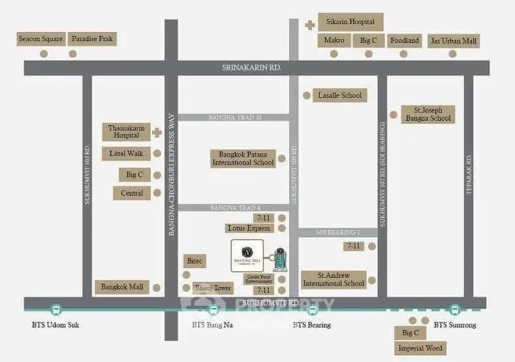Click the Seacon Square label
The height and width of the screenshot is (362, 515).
tap(40, 39)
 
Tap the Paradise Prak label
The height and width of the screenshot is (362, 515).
tap(91, 39)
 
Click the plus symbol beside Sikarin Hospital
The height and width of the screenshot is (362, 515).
tap(309, 25)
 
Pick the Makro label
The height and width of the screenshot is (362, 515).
tap(334, 40)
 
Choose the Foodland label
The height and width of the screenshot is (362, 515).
tap(404, 40)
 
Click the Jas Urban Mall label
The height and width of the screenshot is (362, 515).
tap(454, 41)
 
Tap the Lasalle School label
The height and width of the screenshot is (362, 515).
tap(339, 95)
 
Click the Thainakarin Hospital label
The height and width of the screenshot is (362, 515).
tap(126, 132)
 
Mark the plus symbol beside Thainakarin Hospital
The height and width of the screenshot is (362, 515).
tap(157, 132)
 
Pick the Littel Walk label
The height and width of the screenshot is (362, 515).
tap(126, 154)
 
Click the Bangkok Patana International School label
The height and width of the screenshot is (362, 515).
tap(243, 158)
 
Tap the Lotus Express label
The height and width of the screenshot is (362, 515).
tap(249, 228)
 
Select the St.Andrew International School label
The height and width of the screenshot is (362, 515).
tap(333, 279)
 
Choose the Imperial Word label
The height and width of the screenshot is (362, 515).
tap(422, 348)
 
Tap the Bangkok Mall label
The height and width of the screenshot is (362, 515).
tap(122, 286)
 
